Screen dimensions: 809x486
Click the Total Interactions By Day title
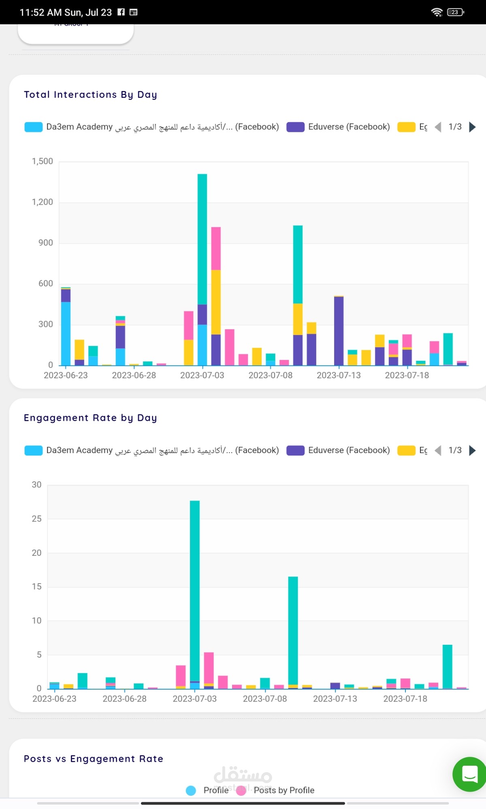(90, 95)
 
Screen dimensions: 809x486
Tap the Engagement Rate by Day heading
(90, 418)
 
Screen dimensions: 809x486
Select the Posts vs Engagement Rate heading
(94, 759)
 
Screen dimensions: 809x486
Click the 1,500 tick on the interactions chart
(43, 161)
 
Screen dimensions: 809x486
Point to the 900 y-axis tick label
(46, 243)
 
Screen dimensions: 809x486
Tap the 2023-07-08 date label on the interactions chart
(270, 375)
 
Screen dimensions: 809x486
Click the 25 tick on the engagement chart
(36, 519)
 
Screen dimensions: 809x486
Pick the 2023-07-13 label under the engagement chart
(335, 699)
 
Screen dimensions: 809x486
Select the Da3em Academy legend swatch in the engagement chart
(33, 451)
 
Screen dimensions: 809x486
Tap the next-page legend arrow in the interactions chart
(472, 127)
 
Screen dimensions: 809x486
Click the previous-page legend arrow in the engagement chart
(438, 451)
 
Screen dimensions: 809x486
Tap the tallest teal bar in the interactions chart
(202, 239)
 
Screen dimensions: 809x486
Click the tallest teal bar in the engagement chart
(195, 591)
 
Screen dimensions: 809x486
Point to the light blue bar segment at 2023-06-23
(66, 333)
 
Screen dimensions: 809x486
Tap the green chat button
(469, 774)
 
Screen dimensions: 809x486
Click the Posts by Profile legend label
(284, 790)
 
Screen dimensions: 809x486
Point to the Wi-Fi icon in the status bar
(437, 12)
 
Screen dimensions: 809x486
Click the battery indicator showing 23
(455, 12)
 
